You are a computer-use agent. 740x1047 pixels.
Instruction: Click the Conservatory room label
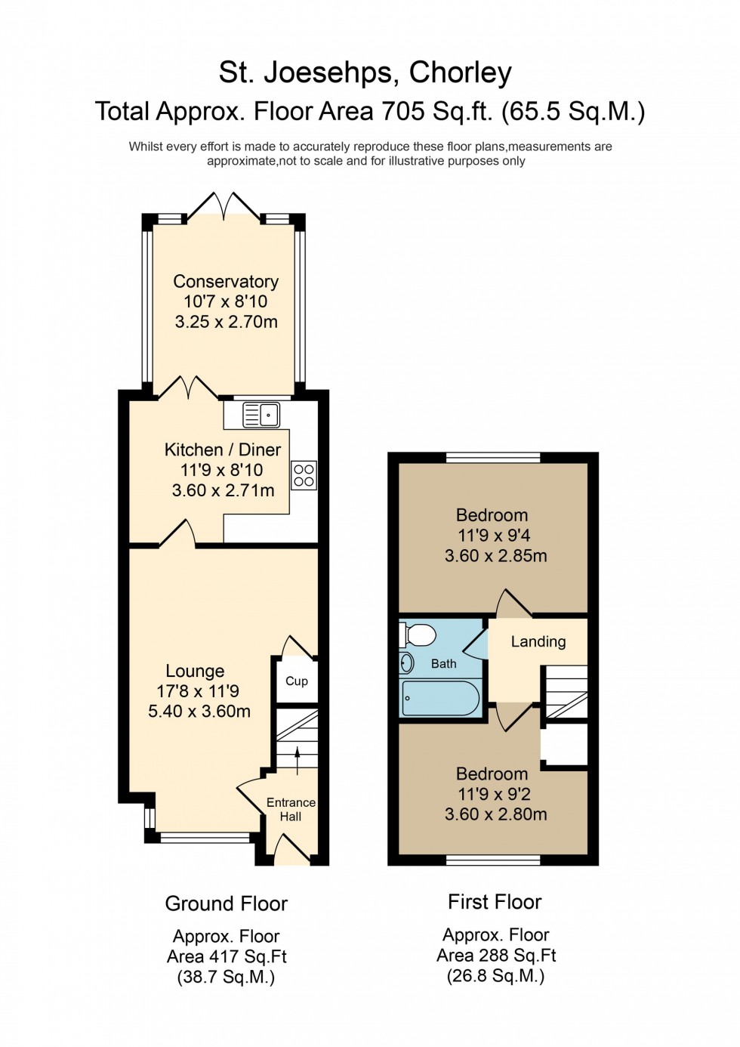226,282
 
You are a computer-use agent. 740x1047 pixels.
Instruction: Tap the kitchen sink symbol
261,415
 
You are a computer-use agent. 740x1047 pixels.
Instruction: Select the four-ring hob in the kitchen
304,475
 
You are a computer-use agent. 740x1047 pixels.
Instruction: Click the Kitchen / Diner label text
223,450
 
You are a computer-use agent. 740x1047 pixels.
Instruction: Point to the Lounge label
195,672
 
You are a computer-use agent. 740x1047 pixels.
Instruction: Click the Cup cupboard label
297,681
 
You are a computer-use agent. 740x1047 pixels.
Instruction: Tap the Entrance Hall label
291,809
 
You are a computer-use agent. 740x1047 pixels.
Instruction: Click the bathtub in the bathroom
440,698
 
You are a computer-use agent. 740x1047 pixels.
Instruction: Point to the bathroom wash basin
407,663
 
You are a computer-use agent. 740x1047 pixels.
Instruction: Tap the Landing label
538,641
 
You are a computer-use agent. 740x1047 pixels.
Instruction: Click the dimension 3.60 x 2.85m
495,556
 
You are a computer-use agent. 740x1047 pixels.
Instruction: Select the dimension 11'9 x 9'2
494,794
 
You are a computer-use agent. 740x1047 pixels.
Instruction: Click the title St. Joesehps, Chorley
365,73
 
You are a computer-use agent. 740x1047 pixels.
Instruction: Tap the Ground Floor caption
227,903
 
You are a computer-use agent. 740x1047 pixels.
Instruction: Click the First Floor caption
495,902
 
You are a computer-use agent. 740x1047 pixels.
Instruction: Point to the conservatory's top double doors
224,206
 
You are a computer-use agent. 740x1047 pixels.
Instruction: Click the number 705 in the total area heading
404,112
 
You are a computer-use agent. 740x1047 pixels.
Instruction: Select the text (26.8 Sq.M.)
495,976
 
